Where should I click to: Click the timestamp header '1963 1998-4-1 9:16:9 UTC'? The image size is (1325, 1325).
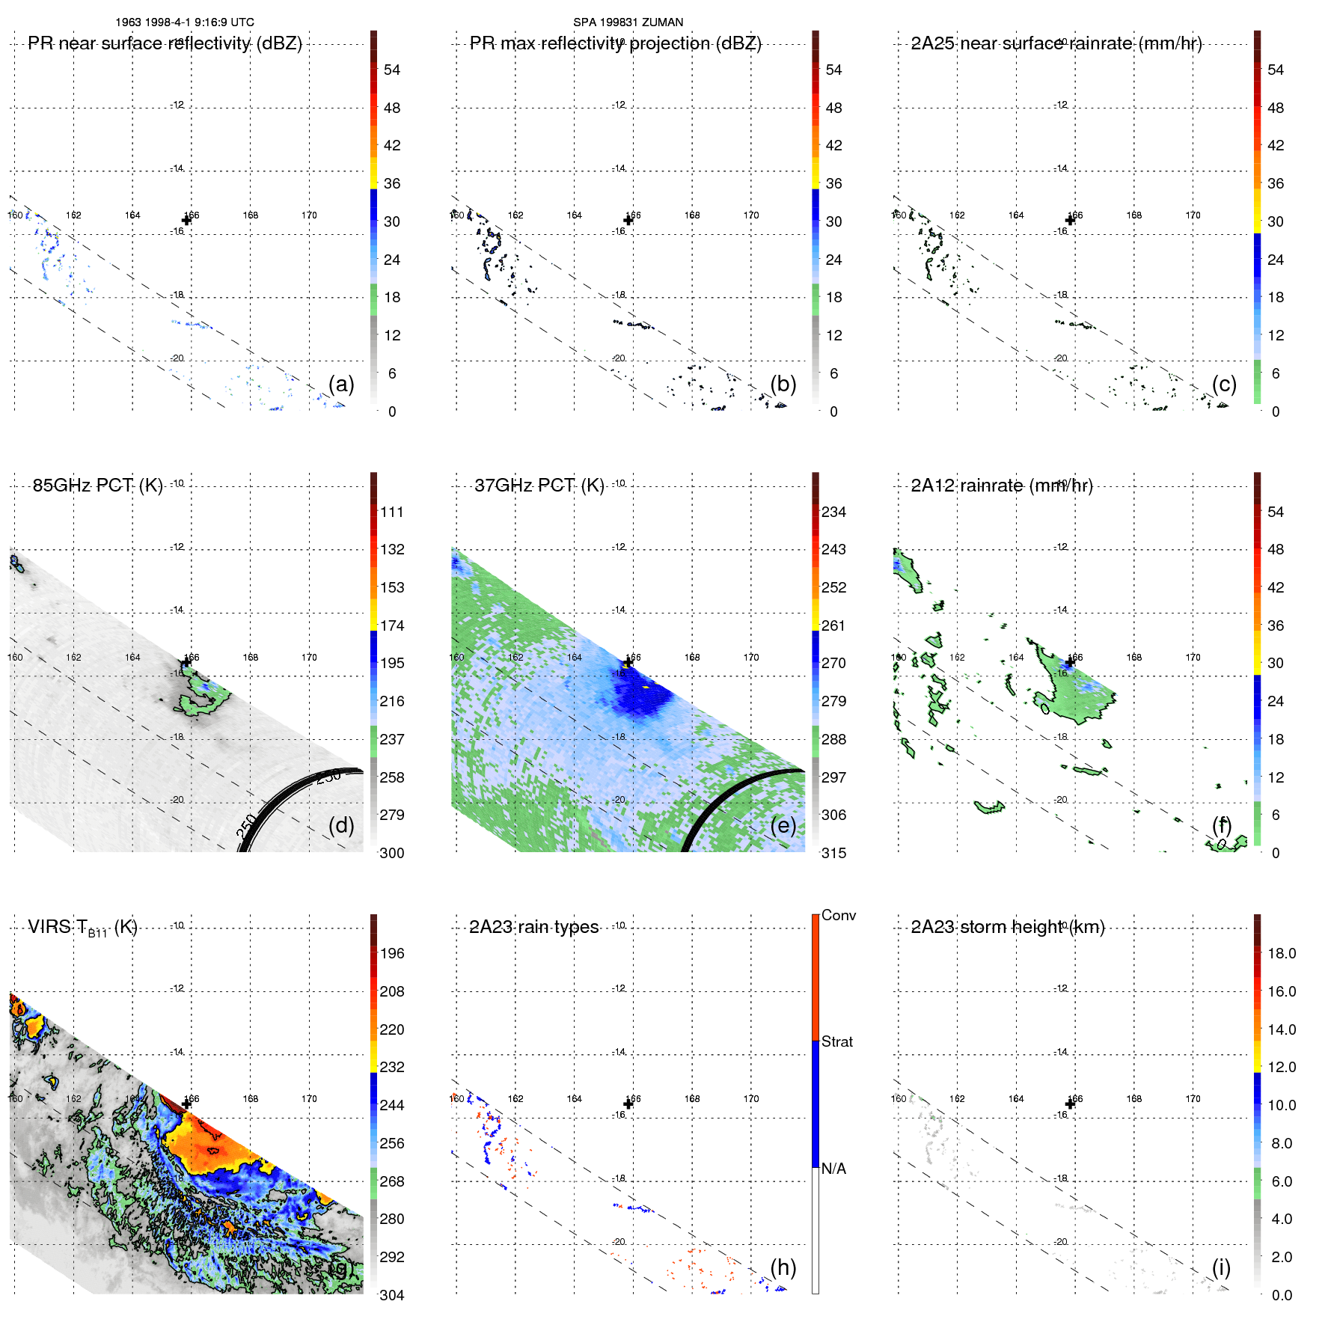pyautogui.click(x=184, y=22)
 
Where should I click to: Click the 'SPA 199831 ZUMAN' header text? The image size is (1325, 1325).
pyautogui.click(x=628, y=22)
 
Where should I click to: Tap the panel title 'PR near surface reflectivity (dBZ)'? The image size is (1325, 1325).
pyautogui.click(x=165, y=43)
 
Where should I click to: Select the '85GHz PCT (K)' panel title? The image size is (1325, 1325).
pyautogui.click(x=97, y=486)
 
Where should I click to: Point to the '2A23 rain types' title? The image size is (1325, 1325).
pyautogui.click(x=533, y=927)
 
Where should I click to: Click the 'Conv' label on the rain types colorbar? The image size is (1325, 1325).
pyautogui.click(x=838, y=915)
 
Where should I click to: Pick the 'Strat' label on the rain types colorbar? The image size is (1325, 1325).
pyautogui.click(x=836, y=1041)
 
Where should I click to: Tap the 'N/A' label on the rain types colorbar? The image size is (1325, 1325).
pyautogui.click(x=833, y=1169)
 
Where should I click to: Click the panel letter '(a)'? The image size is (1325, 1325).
pyautogui.click(x=341, y=384)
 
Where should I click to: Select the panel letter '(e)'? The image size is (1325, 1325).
pyautogui.click(x=783, y=825)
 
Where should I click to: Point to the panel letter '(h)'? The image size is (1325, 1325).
pyautogui.click(x=783, y=1267)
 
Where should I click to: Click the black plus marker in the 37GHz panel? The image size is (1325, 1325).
pyautogui.click(x=628, y=662)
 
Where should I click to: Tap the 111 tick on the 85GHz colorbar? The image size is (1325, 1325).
pyautogui.click(x=391, y=512)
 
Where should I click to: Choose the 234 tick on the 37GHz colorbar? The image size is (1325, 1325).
pyautogui.click(x=833, y=512)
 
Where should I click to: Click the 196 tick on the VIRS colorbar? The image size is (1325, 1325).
pyautogui.click(x=391, y=953)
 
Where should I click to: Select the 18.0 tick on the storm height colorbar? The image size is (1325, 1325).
pyautogui.click(x=1281, y=953)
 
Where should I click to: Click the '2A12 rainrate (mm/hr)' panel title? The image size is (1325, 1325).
pyautogui.click(x=1001, y=486)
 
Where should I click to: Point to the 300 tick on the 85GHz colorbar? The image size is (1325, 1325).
pyautogui.click(x=391, y=853)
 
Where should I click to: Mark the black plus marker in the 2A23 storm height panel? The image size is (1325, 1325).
pyautogui.click(x=1070, y=1104)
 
